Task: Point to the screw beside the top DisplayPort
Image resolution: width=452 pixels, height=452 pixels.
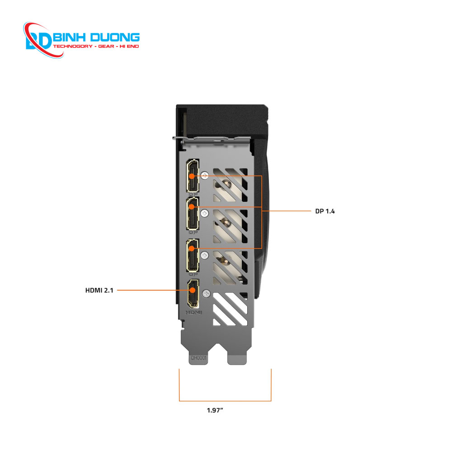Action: pyautogui.click(x=206, y=174)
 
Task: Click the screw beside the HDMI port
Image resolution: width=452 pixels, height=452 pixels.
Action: pyautogui.click(x=207, y=293)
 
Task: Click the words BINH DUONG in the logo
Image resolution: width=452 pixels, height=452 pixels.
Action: pyautogui.click(x=96, y=38)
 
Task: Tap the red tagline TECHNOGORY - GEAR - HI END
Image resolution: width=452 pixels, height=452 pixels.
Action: pyautogui.click(x=96, y=47)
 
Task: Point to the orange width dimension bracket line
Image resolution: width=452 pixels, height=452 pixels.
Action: pyautogui.click(x=225, y=401)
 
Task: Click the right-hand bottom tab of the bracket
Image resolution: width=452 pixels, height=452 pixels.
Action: pyautogui.click(x=238, y=357)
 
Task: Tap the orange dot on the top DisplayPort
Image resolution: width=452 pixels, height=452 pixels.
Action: pyautogui.click(x=192, y=174)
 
